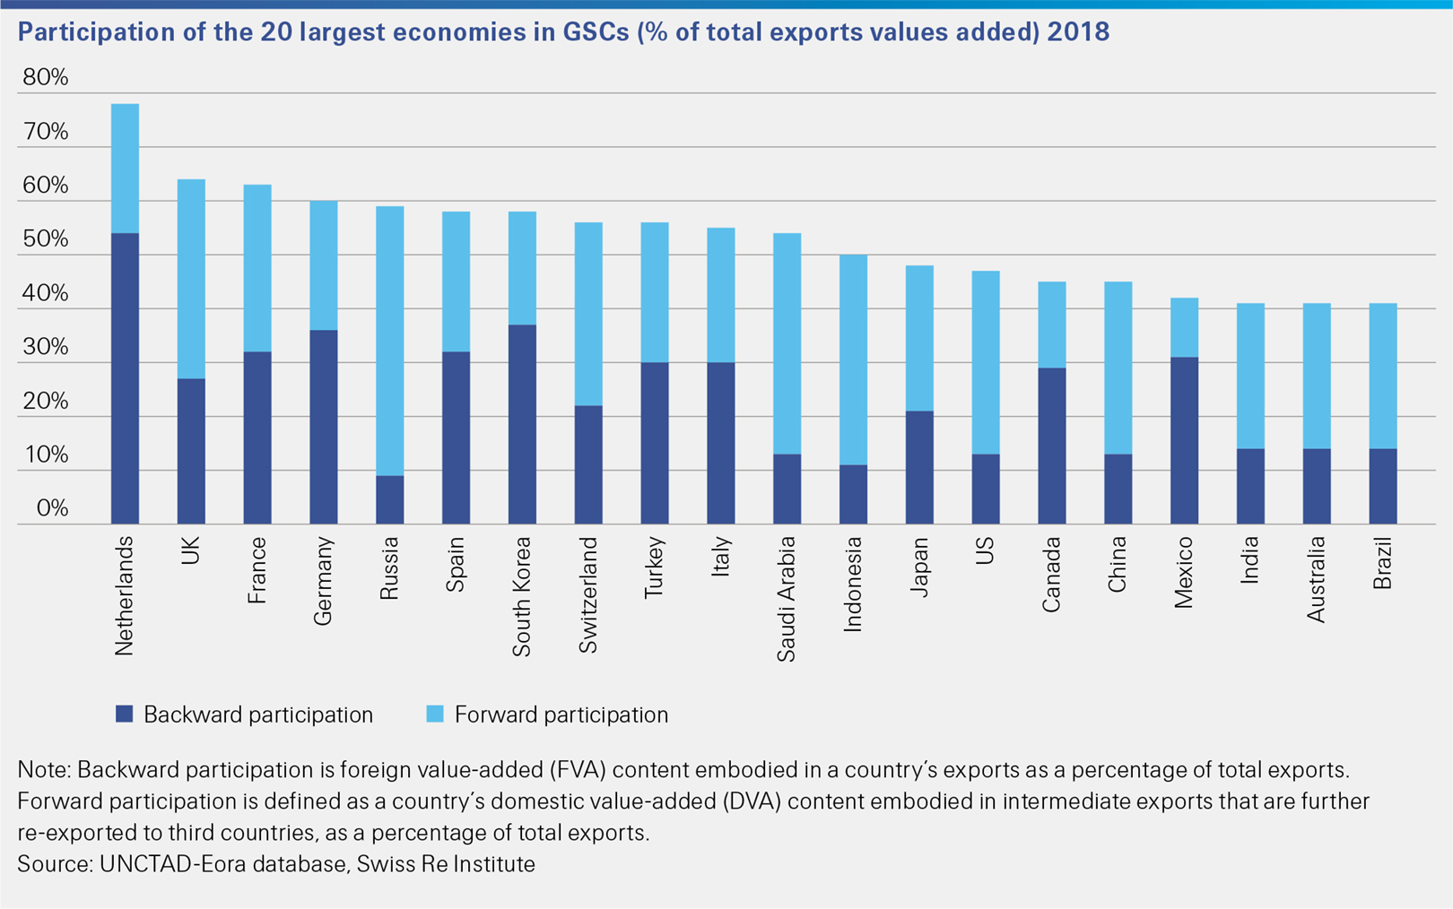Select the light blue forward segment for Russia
(x=389, y=341)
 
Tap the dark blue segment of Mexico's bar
(x=1184, y=440)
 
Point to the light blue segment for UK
(x=191, y=279)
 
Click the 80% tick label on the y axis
(x=46, y=77)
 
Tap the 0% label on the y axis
(x=53, y=508)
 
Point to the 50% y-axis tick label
(x=46, y=239)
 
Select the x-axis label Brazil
(x=1383, y=563)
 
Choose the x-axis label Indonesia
(x=853, y=584)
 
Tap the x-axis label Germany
(x=324, y=581)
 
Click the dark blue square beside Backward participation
(x=125, y=714)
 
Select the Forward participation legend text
(x=561, y=714)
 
